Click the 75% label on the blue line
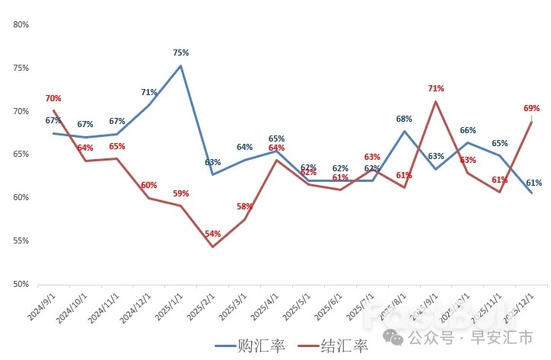(180, 53)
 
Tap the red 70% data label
(53, 98)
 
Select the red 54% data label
(212, 234)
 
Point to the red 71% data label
(436, 88)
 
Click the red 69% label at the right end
(531, 108)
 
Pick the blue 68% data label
(404, 119)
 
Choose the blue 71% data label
(148, 92)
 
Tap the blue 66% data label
(467, 130)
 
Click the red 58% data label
(244, 206)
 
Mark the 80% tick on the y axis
(21, 24)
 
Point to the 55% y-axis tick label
(21, 241)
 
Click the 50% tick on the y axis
(21, 284)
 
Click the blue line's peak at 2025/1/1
(180, 65)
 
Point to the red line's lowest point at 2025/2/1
(212, 247)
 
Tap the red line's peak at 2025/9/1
(435, 101)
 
